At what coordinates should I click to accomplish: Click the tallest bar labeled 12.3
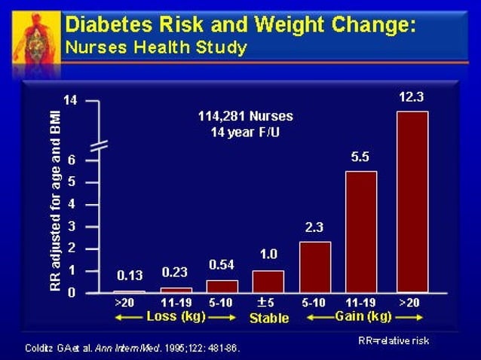412,201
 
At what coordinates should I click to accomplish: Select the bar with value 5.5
360,231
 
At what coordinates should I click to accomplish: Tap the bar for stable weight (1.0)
268,281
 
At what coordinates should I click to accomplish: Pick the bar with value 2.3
314,267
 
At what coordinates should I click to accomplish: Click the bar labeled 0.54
221,286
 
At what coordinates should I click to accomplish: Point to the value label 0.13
129,276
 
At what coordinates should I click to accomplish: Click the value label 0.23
176,273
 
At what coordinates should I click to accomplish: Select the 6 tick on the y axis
70,160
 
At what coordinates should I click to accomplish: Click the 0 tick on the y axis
70,293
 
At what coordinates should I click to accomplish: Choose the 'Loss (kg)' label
176,316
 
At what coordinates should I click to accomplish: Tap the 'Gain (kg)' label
363,316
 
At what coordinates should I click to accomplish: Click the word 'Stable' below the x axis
268,318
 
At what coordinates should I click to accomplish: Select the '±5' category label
267,303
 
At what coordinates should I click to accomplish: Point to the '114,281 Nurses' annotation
245,117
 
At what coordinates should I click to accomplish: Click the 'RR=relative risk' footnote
393,340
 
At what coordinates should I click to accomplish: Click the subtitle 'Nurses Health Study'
156,47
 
